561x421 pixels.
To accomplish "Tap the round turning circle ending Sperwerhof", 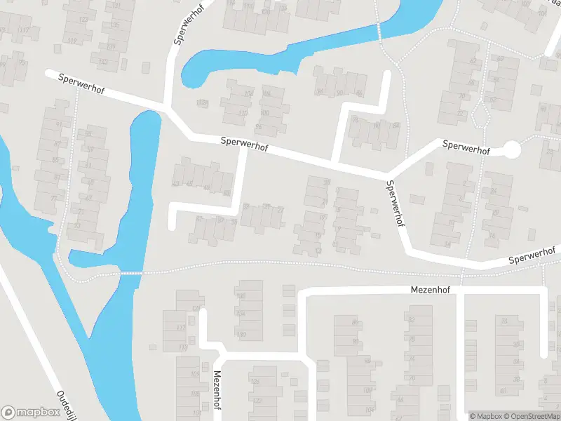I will click(x=513, y=149).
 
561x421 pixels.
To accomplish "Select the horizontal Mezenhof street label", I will click(x=429, y=289).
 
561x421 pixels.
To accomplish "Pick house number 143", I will click(x=103, y=62).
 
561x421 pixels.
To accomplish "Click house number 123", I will click(x=84, y=20).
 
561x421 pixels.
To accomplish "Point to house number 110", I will click(x=243, y=113).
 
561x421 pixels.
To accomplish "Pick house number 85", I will click(x=57, y=160).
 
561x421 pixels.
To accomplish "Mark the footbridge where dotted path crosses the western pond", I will click(x=131, y=272).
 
